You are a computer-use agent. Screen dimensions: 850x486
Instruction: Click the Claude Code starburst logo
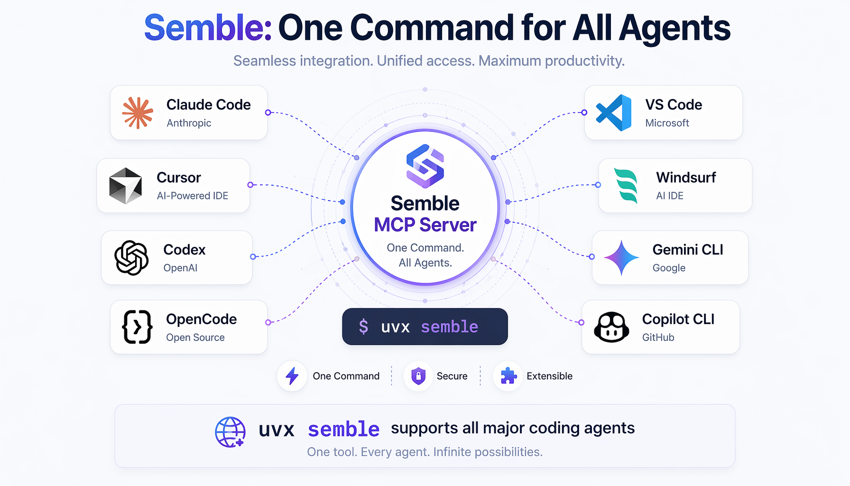(x=138, y=113)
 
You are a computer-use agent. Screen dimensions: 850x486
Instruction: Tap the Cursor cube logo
(x=126, y=186)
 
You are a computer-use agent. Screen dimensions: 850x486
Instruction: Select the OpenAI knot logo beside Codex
(x=131, y=258)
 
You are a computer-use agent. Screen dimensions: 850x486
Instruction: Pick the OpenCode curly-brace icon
(x=137, y=327)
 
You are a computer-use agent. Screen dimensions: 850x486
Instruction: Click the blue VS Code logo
(x=614, y=112)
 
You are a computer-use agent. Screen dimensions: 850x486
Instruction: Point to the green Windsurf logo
(x=626, y=186)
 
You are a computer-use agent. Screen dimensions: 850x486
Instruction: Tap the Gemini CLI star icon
(x=621, y=258)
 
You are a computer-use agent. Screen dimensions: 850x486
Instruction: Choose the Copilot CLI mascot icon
(x=611, y=327)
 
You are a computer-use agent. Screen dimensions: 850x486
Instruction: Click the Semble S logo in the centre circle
(x=425, y=166)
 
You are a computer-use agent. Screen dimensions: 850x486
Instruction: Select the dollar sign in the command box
(x=363, y=327)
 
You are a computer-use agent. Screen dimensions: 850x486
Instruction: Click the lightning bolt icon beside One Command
(x=292, y=376)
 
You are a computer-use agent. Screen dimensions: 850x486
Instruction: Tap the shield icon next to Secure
(x=418, y=376)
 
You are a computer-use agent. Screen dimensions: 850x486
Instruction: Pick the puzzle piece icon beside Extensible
(x=508, y=375)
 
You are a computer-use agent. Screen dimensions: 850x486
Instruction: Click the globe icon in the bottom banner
(x=230, y=432)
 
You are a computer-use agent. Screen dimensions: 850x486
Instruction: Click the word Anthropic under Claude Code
(x=189, y=123)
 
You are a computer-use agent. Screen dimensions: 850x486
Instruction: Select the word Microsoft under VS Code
(x=667, y=123)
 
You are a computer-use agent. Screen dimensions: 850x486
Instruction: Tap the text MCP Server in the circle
(x=425, y=225)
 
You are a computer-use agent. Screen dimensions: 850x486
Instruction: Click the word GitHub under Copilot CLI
(x=658, y=337)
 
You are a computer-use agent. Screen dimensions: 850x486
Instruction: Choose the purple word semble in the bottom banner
(x=344, y=430)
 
